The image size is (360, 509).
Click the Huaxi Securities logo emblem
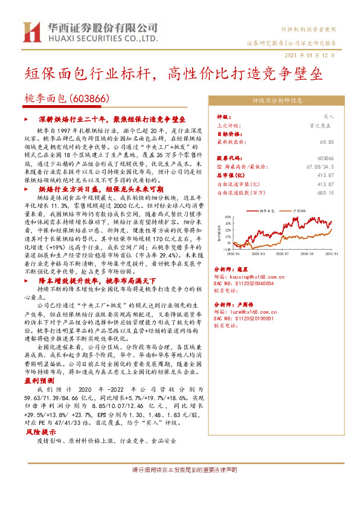pyautogui.click(x=30, y=31)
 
